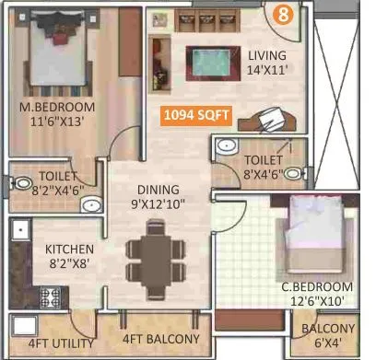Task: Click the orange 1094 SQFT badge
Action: [x=195, y=117]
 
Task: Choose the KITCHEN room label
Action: [x=70, y=250]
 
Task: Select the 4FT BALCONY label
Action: [x=150, y=339]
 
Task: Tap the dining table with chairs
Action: [x=150, y=261]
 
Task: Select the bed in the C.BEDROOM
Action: [x=313, y=237]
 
